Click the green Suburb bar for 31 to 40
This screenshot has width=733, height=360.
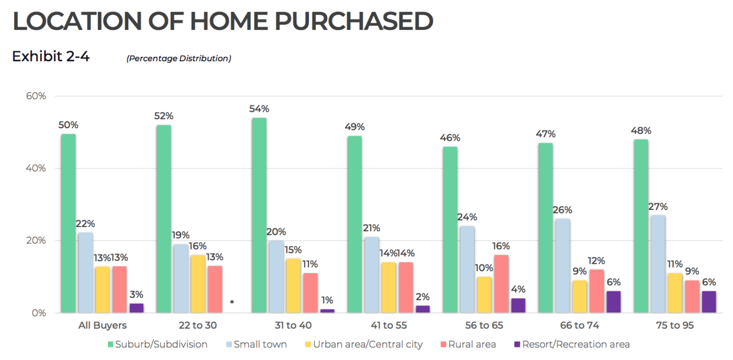[259, 215]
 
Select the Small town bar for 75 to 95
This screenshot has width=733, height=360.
[658, 264]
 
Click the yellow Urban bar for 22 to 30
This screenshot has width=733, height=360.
[197, 284]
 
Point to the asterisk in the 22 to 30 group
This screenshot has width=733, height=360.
[231, 302]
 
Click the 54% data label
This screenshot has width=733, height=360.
[259, 109]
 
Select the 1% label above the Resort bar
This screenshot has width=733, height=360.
[327, 300]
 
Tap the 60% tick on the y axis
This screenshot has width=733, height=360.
[36, 96]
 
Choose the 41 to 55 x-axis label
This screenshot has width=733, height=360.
[388, 325]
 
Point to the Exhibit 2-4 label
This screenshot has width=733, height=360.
[51, 57]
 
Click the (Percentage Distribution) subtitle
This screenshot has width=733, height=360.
[179, 59]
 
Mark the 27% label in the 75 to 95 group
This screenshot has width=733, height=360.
[658, 207]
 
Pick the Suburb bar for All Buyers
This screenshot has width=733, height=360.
[69, 223]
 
